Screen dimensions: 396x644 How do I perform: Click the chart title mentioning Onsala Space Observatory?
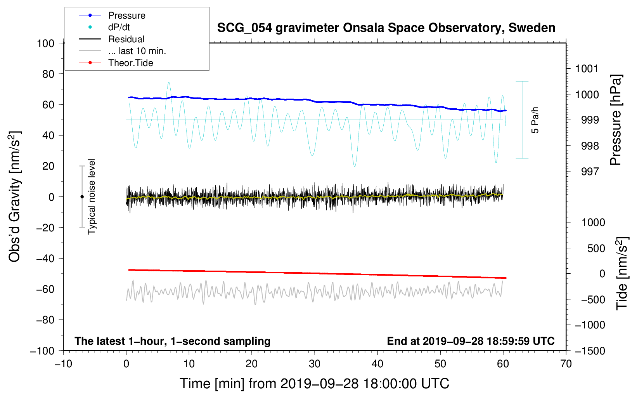point(386,28)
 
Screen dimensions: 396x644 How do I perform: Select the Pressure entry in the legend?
point(126,16)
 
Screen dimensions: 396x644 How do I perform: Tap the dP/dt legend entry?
point(119,27)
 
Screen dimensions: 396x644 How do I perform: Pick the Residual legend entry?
point(126,39)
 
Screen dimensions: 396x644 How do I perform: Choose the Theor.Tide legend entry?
point(130,63)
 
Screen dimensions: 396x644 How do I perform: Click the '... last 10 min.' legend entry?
point(137,51)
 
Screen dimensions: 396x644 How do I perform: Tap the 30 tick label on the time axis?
point(315,364)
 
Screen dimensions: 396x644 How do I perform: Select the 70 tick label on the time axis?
point(566,364)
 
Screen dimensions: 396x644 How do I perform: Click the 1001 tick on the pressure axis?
point(587,69)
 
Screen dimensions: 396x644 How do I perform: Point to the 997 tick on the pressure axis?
point(590,172)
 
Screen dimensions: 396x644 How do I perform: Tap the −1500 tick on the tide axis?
point(590,351)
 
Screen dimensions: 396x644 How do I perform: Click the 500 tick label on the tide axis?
point(596,248)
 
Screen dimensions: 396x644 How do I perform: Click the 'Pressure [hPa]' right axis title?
point(616,120)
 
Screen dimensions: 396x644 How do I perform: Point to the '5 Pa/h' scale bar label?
point(535,120)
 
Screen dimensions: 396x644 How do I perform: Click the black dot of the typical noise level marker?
point(82,197)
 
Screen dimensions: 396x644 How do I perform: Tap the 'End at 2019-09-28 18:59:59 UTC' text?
point(471,341)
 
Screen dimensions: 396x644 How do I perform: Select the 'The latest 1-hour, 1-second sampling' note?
point(172,341)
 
